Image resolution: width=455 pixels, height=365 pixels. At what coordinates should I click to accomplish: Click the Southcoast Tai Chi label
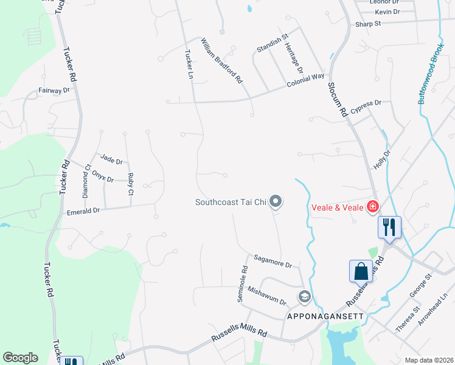(231, 202)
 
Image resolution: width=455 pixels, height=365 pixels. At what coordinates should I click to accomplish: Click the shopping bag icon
(361, 271)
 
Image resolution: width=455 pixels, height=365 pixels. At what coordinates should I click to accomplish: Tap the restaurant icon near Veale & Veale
(389, 227)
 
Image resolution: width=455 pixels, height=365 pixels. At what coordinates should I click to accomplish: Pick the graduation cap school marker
(304, 297)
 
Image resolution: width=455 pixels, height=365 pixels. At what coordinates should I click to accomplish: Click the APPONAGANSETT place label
(325, 316)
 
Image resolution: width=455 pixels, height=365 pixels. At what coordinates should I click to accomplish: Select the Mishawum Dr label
(266, 296)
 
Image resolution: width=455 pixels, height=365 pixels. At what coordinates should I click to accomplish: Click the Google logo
(20, 358)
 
